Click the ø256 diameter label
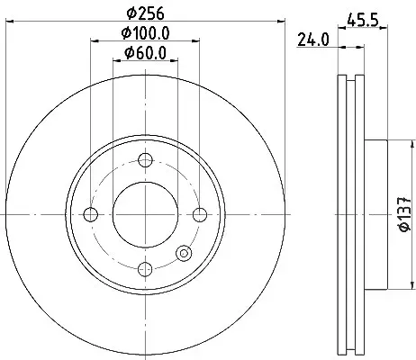tap(146, 13)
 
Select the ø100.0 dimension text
tap(146, 32)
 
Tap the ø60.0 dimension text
tap(146, 53)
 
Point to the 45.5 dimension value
tap(363, 21)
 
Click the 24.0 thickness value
tap(313, 40)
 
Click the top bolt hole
tap(145, 160)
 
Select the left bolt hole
tap(91, 214)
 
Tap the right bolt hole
tap(200, 214)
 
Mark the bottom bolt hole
tap(145, 269)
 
